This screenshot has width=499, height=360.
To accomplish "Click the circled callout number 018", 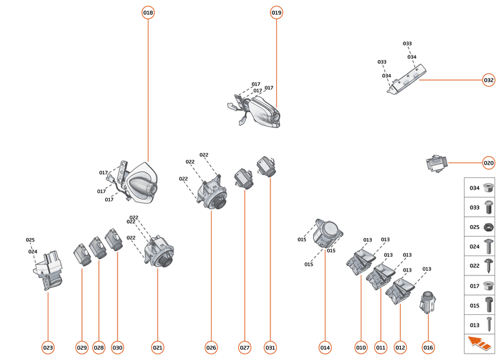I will pos(148,12).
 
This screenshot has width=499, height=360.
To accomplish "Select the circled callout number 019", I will pos(276,12).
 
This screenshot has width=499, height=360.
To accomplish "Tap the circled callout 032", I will pos(489,81).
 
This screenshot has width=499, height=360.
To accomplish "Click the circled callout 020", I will pos(489,163).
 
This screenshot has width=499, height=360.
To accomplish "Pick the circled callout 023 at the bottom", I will pos(48,348).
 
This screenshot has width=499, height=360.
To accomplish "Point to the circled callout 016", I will pos(428,348).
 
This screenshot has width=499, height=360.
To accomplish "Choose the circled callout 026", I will pos(211,348).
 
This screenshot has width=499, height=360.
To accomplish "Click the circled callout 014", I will pos(325,348).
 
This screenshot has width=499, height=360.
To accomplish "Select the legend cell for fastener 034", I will pos(481,188).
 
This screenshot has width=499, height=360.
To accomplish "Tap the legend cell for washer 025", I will pos(481,227).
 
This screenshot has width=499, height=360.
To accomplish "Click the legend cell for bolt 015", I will pos(481,305).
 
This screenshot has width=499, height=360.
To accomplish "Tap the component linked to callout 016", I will pos(427,301).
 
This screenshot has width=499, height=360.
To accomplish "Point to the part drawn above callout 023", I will pos(49,271).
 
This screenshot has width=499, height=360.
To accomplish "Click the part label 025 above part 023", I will pos(30,240).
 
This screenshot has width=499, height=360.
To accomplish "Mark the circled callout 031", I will pos(270,348).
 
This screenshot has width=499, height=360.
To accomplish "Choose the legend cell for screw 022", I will pos(481,266).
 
